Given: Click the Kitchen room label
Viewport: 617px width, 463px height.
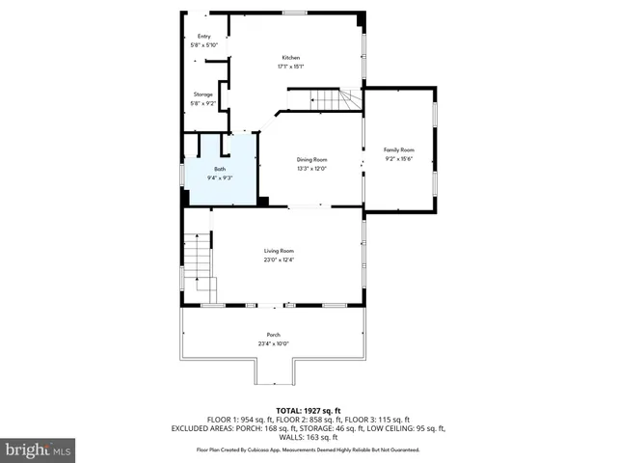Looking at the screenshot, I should (292, 58).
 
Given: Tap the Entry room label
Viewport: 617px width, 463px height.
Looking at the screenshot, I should (203, 37).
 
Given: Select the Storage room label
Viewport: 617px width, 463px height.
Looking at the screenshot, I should (203, 95).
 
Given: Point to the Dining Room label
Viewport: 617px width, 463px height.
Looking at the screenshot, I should (311, 159).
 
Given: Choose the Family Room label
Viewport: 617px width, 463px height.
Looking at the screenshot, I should (398, 150).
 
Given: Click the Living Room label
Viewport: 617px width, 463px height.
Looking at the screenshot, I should (280, 251).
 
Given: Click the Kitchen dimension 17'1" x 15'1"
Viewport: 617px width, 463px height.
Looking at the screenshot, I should (292, 67).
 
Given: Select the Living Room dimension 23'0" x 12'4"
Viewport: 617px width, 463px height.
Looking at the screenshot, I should (280, 259).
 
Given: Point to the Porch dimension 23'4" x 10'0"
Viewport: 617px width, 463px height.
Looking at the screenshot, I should (273, 343).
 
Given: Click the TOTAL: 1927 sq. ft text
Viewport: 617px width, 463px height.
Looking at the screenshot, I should (308, 410).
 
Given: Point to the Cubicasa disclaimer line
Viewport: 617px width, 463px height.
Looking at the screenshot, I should (308, 449).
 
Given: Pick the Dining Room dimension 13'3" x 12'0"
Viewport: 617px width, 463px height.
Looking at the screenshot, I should (311, 168).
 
